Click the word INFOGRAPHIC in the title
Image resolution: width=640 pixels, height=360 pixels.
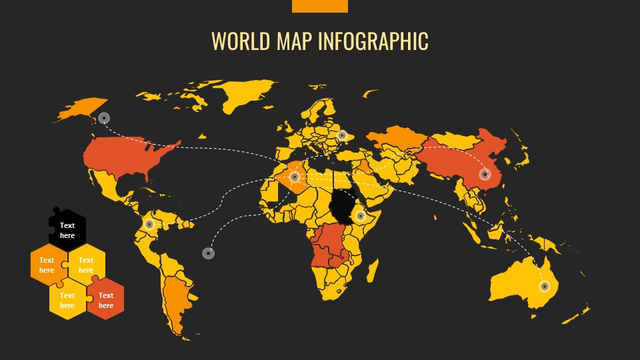tap(373, 41)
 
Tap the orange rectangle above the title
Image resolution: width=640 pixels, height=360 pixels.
tap(319, 6)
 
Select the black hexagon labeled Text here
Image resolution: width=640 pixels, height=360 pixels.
tap(67, 230)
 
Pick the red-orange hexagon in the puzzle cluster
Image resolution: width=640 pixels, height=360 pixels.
tap(106, 300)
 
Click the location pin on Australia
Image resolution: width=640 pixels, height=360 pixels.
tap(544, 286)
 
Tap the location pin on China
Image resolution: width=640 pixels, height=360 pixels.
tap(485, 175)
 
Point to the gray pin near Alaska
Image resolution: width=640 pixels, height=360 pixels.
tap(104, 118)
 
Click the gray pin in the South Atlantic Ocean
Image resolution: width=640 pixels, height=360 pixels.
tap(208, 253)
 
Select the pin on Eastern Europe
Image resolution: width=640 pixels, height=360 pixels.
tap(342, 135)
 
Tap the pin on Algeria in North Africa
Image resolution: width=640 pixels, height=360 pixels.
tap(295, 177)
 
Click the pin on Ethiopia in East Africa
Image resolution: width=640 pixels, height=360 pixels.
tap(360, 215)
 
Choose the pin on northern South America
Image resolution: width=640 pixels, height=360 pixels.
tap(149, 224)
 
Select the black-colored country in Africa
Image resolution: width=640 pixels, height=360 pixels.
tap(343, 207)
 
